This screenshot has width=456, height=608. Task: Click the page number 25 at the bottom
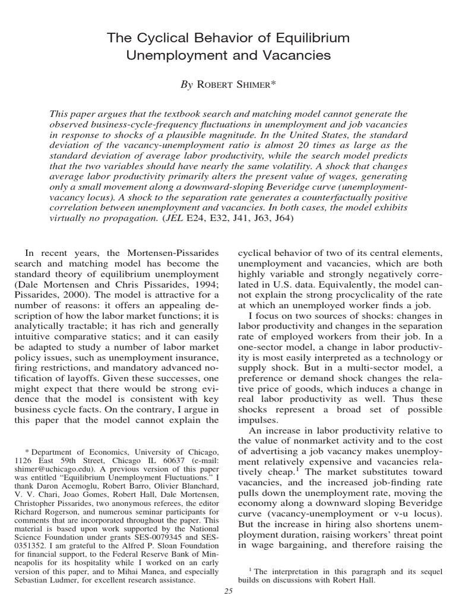point(228,591)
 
